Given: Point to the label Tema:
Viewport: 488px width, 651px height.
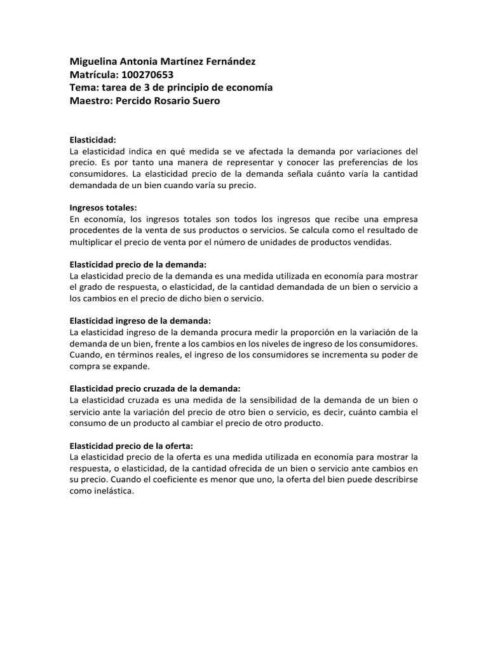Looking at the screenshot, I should coord(84,88).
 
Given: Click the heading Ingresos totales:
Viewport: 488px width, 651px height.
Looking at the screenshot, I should coord(103,207).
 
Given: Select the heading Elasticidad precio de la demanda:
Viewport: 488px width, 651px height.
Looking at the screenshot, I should coord(138,264).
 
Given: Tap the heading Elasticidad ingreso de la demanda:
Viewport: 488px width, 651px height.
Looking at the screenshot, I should coord(140,321).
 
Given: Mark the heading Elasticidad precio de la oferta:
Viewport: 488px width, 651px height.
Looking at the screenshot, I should coord(132,446).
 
